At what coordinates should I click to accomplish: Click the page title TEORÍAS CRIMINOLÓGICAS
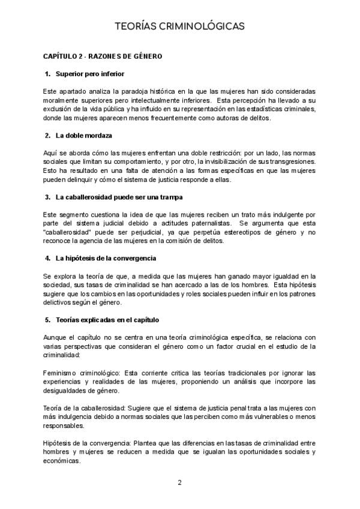pyautogui.click(x=179, y=26)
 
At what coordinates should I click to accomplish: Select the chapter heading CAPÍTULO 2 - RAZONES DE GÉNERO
pyautogui.click(x=103, y=56)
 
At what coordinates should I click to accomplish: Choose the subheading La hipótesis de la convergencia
pyautogui.click(x=106, y=258)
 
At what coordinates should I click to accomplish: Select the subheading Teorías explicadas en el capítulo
pyautogui.click(x=107, y=320)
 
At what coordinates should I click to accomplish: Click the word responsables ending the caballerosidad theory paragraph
pyautogui.click(x=63, y=426)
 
